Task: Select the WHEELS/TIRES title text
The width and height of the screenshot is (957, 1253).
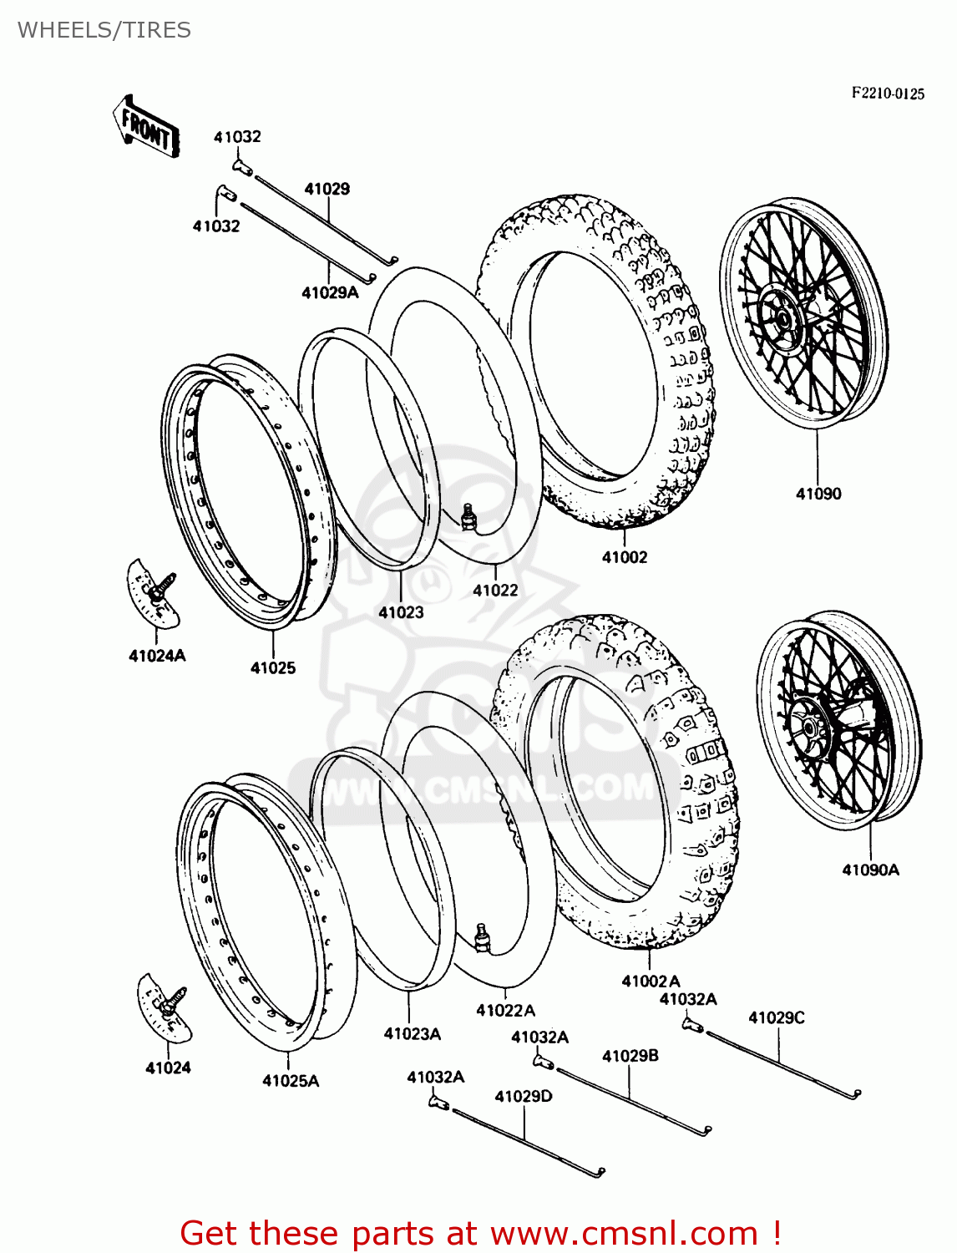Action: tap(104, 30)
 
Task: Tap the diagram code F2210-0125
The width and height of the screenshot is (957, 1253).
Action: tap(888, 94)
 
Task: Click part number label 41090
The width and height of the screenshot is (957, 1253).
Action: tap(818, 494)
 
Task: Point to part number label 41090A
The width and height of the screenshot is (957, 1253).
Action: tap(870, 870)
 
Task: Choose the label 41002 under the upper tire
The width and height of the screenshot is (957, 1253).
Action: tap(625, 557)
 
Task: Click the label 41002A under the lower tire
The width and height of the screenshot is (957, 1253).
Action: tap(651, 981)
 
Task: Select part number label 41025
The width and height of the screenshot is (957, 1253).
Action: tap(273, 667)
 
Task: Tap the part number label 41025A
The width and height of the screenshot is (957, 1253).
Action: tap(291, 1081)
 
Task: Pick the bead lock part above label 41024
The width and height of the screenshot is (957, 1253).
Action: tap(165, 1007)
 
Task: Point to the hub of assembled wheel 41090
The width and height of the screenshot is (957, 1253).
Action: tap(783, 319)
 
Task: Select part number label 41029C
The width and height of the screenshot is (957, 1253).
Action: tap(777, 1017)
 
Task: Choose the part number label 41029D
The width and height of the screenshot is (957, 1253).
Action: tap(524, 1096)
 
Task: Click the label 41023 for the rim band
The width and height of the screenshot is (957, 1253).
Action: tap(401, 612)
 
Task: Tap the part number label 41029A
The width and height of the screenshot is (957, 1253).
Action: tap(330, 292)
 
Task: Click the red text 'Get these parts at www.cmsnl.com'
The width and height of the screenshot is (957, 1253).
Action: tap(480, 1233)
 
